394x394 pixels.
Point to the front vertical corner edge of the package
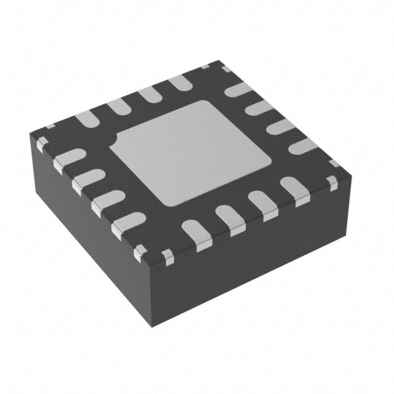151,289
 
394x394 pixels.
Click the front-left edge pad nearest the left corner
68,159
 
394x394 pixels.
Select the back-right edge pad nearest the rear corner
238,89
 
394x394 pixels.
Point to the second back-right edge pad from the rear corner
259,107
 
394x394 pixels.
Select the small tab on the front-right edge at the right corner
332,182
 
